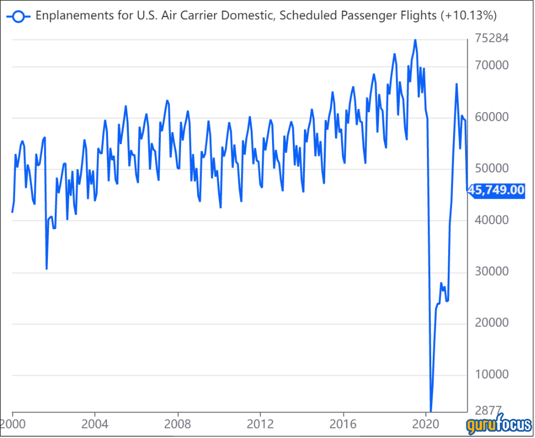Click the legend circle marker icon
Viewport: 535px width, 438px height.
pos(19,16)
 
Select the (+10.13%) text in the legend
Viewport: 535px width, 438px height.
pos(468,16)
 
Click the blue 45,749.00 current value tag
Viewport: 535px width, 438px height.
pos(497,191)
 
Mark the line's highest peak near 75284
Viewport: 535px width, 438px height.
pos(415,39)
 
